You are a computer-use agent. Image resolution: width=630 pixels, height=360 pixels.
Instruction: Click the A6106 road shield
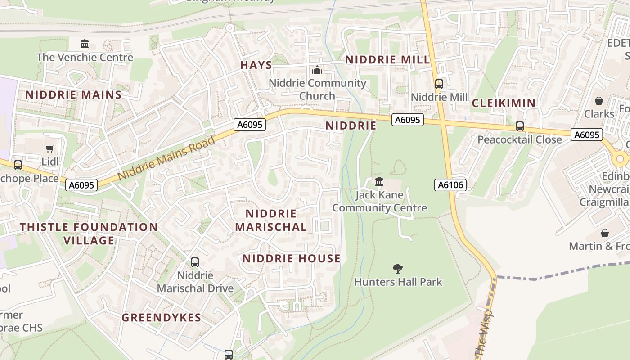[450, 184]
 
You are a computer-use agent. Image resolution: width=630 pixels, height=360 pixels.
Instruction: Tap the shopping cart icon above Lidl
[50, 148]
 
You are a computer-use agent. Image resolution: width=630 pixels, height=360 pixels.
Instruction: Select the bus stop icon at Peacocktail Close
[520, 126]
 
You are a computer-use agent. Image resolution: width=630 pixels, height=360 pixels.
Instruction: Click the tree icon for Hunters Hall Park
[397, 269]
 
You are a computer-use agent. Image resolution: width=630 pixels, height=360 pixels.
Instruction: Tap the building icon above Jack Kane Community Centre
[379, 182]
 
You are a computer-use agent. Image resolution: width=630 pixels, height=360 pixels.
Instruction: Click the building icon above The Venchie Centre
[85, 44]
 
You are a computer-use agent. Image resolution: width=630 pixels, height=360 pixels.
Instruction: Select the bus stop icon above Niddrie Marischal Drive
[195, 262]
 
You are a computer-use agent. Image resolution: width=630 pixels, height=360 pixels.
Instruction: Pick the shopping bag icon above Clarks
[599, 101]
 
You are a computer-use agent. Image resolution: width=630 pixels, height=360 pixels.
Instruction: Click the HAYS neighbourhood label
[256, 65]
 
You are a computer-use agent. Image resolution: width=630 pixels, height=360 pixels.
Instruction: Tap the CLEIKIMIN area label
[504, 103]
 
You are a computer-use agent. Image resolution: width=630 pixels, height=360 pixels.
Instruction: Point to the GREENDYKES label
[162, 318]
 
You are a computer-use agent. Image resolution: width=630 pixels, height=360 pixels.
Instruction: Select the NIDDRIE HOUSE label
[292, 258]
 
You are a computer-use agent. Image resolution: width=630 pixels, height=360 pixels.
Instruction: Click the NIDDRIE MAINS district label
[73, 95]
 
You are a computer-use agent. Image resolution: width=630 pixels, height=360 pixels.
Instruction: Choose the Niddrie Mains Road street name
[166, 159]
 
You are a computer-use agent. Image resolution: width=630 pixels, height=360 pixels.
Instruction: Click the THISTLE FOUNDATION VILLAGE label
[89, 234]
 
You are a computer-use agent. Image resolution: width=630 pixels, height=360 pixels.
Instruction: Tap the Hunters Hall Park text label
[398, 282]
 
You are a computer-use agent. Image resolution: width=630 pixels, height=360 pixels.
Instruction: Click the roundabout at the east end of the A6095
[621, 158]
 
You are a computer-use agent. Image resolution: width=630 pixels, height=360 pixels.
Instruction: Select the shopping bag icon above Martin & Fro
[605, 233]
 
